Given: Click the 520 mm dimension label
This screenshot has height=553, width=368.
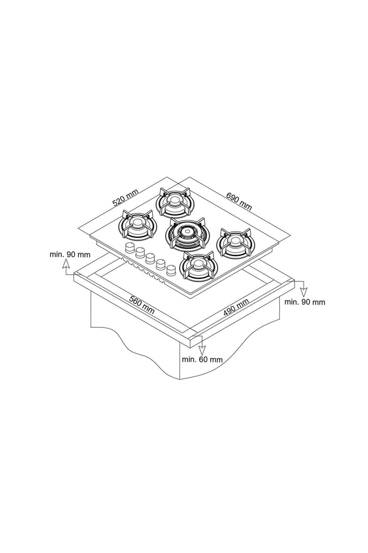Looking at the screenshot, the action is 125,198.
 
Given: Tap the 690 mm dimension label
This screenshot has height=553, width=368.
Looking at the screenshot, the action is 239,202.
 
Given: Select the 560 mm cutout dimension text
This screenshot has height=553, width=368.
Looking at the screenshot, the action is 142,305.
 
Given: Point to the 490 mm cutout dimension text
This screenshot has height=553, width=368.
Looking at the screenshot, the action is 237,307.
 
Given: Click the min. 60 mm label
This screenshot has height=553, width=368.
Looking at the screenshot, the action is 202,359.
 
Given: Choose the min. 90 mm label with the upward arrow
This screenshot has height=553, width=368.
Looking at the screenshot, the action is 70,254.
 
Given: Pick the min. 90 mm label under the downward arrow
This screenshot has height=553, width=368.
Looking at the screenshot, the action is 305,302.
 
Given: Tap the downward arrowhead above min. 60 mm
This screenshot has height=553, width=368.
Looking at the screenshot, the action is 202,350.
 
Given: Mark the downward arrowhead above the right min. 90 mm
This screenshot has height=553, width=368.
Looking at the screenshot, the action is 304,292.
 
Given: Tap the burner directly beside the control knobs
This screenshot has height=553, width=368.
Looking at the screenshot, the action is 197,266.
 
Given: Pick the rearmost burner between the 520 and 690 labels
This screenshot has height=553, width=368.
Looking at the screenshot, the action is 174,203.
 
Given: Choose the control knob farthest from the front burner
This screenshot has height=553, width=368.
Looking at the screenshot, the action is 130,247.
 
